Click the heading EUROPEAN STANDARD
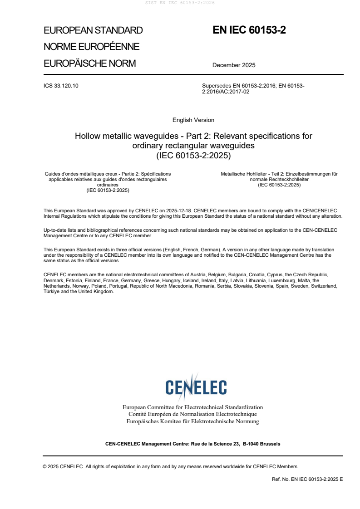(x=93, y=30)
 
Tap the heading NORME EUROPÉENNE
(x=91, y=47)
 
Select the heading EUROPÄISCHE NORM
(x=89, y=64)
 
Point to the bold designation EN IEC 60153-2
(x=249, y=30)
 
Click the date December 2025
(x=234, y=65)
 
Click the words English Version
(x=193, y=120)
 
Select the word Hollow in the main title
(x=87, y=136)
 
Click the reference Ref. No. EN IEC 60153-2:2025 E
(x=307, y=479)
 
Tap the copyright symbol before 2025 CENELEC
(x=45, y=466)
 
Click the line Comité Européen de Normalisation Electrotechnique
(x=192, y=414)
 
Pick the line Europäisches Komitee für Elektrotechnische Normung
(x=192, y=421)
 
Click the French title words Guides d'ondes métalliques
(x=75, y=174)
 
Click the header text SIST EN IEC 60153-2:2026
(x=180, y=3)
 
